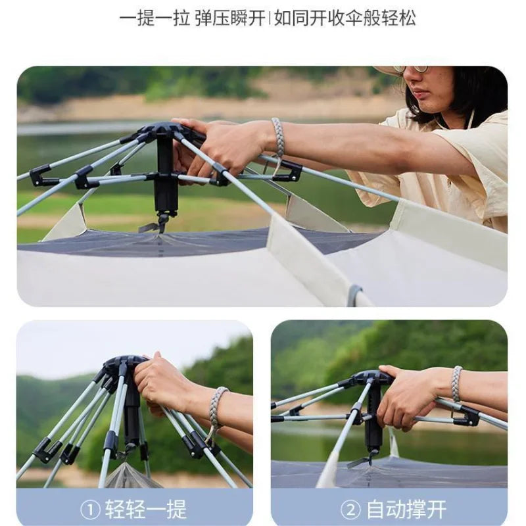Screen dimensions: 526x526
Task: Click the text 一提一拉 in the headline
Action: (x=154, y=18)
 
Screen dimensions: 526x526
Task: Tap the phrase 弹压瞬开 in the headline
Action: (x=229, y=18)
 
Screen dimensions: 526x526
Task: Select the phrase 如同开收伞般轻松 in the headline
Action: (x=345, y=18)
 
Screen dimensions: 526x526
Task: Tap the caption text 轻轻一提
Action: (x=145, y=509)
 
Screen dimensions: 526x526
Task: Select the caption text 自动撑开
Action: (x=406, y=509)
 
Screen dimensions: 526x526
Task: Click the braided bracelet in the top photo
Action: (x=278, y=137)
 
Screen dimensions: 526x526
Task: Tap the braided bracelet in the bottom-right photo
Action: (x=456, y=384)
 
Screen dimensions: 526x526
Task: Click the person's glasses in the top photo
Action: (x=412, y=68)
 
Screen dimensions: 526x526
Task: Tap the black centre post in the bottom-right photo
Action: (x=373, y=421)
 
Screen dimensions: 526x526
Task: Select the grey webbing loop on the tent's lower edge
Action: (x=354, y=295)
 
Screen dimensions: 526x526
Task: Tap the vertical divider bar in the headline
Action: (x=269, y=18)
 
